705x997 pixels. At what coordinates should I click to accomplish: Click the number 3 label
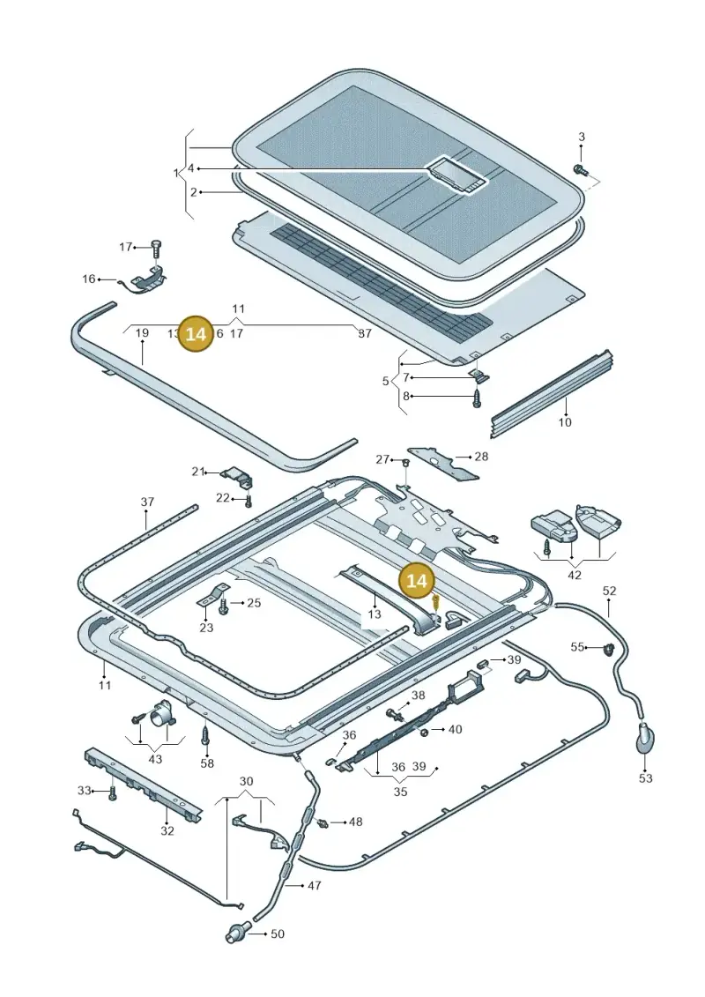[581, 137]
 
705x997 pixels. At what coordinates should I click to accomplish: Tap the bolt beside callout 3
[581, 170]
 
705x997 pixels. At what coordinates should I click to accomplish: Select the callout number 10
[565, 421]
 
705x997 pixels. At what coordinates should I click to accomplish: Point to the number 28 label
[481, 456]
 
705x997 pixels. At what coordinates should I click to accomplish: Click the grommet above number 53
[644, 741]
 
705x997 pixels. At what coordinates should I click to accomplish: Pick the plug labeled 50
[236, 934]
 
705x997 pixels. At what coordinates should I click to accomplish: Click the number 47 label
[314, 885]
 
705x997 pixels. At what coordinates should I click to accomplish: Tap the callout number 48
[355, 822]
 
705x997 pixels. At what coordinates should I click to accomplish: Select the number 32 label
[167, 830]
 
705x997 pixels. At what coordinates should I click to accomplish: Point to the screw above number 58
[205, 736]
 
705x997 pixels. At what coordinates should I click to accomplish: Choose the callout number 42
[574, 575]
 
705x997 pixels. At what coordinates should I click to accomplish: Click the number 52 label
[609, 591]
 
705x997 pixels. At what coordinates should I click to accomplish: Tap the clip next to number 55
[608, 649]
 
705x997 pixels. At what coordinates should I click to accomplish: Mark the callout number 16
[88, 279]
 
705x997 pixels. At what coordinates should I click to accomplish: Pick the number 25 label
[254, 602]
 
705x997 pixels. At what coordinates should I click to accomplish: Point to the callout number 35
[400, 792]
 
